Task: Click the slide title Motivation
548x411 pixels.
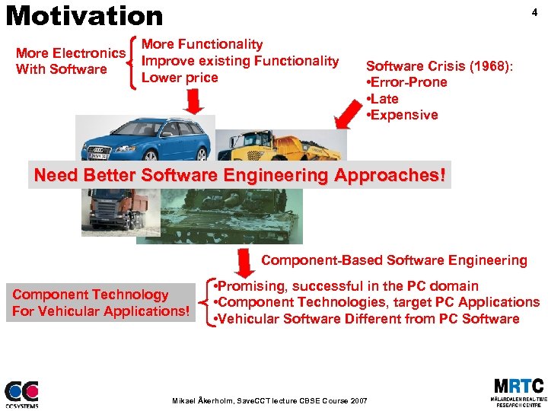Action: (x=84, y=15)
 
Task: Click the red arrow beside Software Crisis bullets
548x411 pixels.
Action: (x=349, y=114)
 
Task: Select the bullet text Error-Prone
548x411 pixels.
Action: (x=407, y=82)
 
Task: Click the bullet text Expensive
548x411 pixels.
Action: (x=403, y=115)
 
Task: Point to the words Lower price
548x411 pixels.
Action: (x=180, y=78)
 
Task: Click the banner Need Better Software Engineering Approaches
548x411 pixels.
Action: (x=240, y=175)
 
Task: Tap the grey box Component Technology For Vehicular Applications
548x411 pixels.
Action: (x=100, y=302)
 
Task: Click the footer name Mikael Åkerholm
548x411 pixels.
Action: (x=202, y=400)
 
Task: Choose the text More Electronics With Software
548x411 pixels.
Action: (x=70, y=61)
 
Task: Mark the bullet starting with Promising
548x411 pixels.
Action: (x=347, y=286)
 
